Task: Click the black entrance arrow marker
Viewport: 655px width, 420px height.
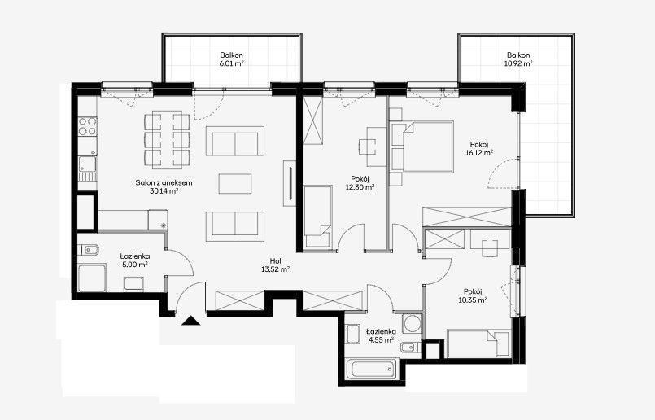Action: click(192, 321)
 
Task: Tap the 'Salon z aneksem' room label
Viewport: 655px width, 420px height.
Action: click(164, 182)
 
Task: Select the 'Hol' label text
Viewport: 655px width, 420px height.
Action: click(275, 261)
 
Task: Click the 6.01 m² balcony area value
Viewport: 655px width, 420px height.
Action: click(232, 63)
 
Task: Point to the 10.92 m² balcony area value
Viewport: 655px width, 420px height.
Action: click(518, 63)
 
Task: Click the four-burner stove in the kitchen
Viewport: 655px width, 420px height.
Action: click(88, 126)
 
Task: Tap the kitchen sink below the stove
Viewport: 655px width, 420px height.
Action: click(87, 168)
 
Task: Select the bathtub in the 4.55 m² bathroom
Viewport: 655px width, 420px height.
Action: click(373, 369)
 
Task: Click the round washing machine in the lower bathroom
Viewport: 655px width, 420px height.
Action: click(413, 323)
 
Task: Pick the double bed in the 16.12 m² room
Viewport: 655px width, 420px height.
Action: click(422, 147)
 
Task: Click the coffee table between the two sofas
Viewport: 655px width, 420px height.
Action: click(235, 184)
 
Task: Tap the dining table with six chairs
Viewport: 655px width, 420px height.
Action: click(167, 139)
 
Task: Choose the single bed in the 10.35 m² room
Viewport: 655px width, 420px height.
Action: click(478, 344)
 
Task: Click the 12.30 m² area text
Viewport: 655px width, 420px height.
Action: click(360, 188)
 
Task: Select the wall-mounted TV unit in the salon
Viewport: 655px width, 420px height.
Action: click(290, 183)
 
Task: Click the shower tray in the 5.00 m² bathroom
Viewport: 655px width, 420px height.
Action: click(92, 278)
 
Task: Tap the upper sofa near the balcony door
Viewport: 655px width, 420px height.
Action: click(235, 141)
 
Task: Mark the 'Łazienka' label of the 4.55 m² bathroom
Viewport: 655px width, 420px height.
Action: click(381, 331)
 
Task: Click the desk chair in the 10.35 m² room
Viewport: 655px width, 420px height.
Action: click(490, 248)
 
